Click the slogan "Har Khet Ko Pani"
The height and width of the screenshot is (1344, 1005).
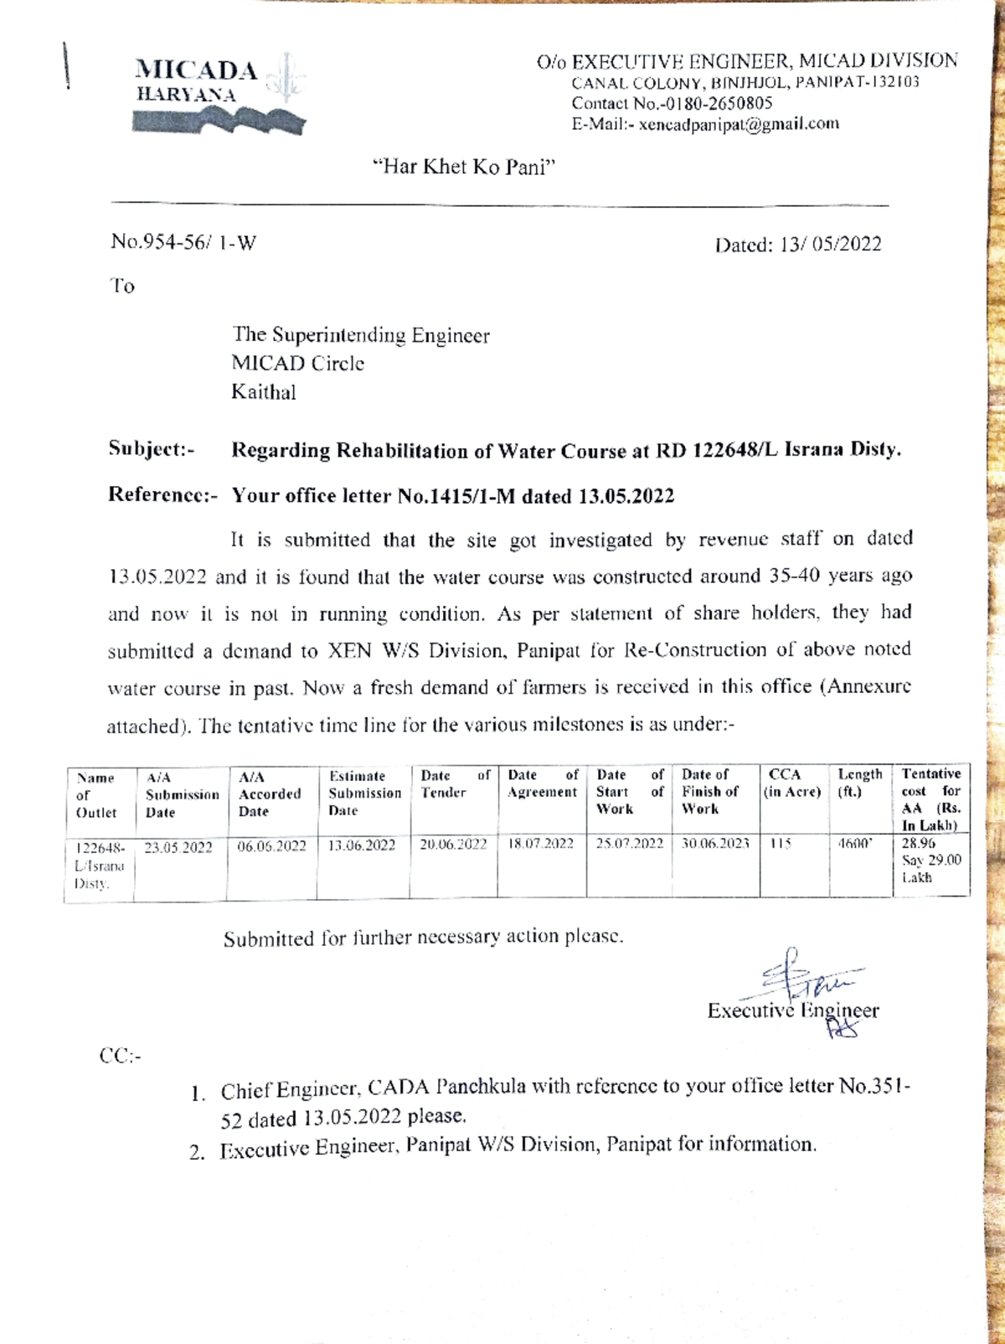click(464, 167)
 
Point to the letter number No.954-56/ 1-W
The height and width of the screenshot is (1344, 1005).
click(183, 243)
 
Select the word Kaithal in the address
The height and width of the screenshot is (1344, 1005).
click(264, 392)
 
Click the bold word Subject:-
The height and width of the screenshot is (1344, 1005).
click(152, 449)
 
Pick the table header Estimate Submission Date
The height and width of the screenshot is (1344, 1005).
click(363, 793)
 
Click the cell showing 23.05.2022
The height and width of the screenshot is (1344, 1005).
click(178, 847)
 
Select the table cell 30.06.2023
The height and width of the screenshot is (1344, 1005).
click(714, 844)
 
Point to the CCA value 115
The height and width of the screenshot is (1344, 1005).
click(780, 844)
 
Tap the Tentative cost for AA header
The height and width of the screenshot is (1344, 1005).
click(930, 799)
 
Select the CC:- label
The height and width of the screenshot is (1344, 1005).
click(121, 1056)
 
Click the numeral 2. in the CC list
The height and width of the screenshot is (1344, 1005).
click(197, 1152)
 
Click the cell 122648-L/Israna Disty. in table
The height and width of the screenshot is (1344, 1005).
click(99, 866)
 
